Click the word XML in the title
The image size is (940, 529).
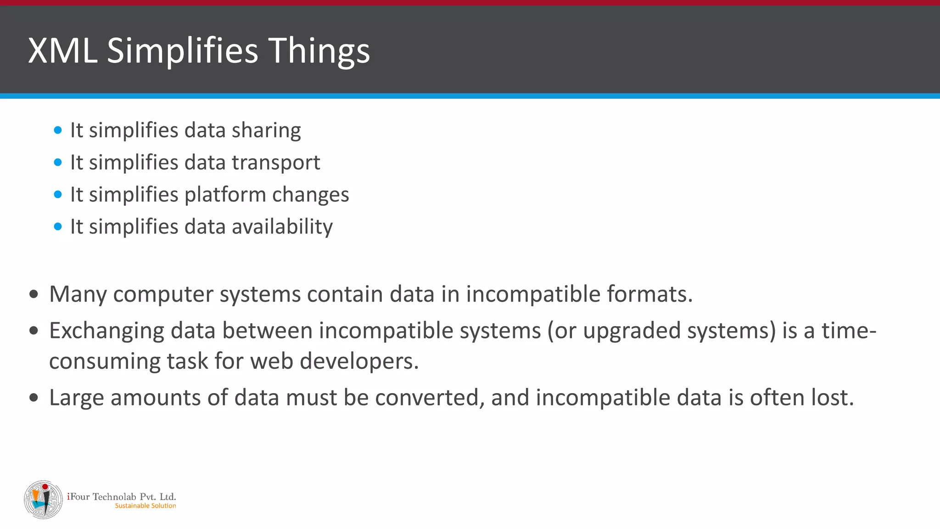[63, 51]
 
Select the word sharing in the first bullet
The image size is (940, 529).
[266, 131]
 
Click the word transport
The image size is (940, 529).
[276, 163]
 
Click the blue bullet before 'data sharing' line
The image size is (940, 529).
[58, 130]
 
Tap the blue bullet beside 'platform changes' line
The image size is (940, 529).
[58, 195]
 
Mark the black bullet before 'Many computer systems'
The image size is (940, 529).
[34, 294]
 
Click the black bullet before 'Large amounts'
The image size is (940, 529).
[34, 398]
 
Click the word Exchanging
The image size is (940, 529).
[106, 332]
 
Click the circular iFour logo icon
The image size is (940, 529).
[44, 500]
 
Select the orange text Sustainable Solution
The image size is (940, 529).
[145, 506]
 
